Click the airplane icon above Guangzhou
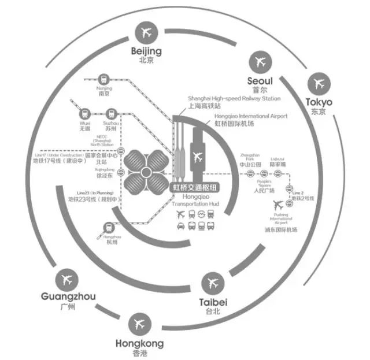pos(68,279)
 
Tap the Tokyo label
pos(319,103)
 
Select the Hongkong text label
pos(139,343)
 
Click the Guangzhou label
pos(68,297)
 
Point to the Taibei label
pos(213,302)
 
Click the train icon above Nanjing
pos(104,79)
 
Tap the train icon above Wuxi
pos(86,114)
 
